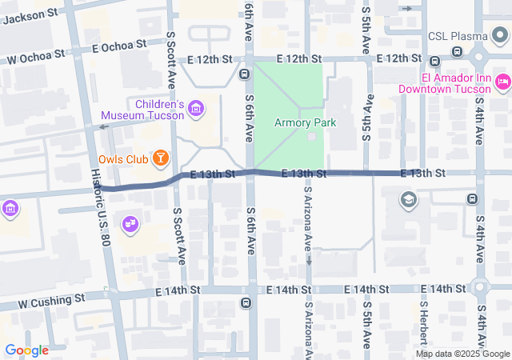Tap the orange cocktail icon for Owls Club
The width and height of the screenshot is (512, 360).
coord(161,157)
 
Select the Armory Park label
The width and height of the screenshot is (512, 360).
coord(305,122)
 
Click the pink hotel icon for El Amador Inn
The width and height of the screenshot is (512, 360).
coord(502,81)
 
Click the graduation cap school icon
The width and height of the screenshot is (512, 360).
coord(409,199)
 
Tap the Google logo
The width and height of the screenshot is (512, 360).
coord(26,350)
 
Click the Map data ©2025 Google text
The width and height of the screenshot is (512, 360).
coord(462,354)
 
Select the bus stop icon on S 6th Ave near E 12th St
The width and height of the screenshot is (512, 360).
coord(244,74)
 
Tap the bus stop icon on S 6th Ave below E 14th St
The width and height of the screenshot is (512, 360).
coord(245,303)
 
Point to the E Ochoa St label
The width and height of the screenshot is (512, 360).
coord(118,46)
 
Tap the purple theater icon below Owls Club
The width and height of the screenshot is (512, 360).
coord(129,225)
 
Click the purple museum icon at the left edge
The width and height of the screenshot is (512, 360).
coord(10,209)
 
